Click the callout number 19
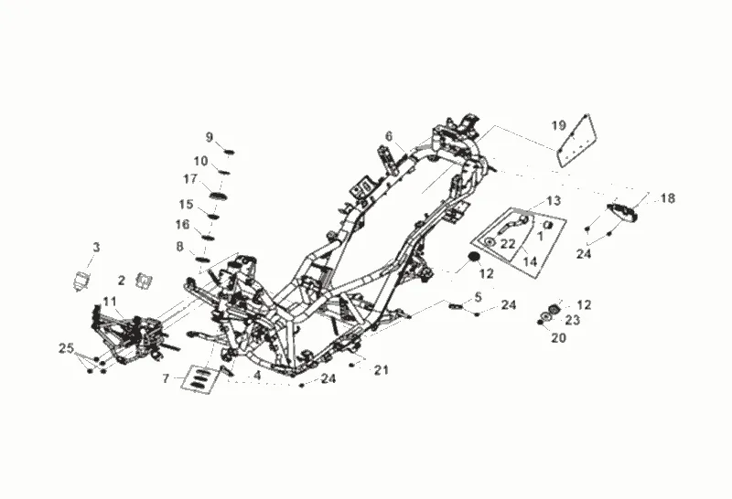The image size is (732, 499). pos(558,125)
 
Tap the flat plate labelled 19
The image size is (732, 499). pos(574,140)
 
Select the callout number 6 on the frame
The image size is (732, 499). pos(389,136)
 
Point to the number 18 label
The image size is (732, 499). pos(668,198)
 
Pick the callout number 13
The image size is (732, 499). pos(554,200)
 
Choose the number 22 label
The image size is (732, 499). pos(508,243)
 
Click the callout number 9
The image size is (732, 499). pos(210,137)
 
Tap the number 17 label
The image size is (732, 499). pos(190,178)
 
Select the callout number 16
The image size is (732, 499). pos(183,224)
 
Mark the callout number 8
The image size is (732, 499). pos(180,246)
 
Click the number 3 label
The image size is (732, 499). pos(96,247)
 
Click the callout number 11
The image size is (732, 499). pos(110,301)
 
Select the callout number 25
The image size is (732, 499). pos(65,348)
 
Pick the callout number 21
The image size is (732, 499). pos(382,370)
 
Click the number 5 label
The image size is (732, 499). pos(478,297)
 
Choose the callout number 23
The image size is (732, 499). pos(572,320)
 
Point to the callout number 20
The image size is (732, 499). pos(559,337)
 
